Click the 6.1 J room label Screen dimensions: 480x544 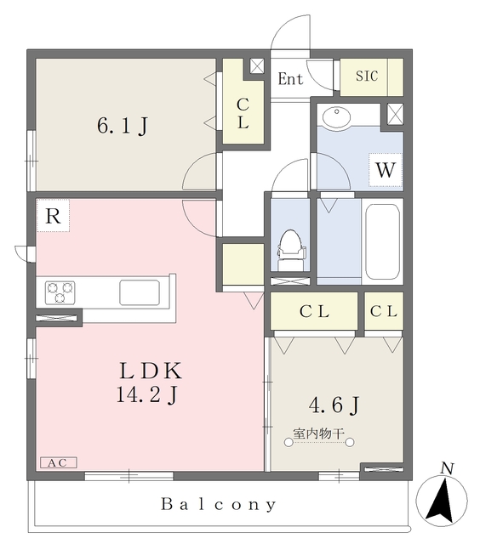tap(123, 126)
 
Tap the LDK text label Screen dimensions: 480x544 tap(151, 371)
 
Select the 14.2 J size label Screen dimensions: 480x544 tap(147, 394)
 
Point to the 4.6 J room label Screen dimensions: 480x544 tap(334, 405)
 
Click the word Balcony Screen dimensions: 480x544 tap(219, 504)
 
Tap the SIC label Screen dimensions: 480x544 tap(367, 76)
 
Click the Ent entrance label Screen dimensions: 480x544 tap(290, 78)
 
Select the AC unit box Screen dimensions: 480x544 tap(59, 462)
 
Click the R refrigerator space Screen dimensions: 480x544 tap(53, 215)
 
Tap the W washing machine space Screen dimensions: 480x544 tap(386, 170)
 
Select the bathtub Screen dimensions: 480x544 tap(382, 241)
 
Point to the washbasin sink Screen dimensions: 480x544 tap(336, 117)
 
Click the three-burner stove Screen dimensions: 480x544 tap(60, 292)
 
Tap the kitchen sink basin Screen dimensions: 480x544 tap(140, 292)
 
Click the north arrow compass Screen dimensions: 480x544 tap(442, 501)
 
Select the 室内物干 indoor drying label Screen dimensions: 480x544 tap(318, 433)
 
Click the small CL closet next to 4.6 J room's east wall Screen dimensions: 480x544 tap(384, 311)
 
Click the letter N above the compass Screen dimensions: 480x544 tap(447, 468)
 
